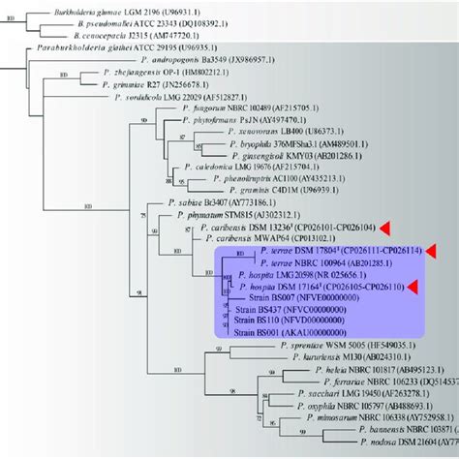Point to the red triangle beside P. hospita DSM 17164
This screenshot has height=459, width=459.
click(413, 286)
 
